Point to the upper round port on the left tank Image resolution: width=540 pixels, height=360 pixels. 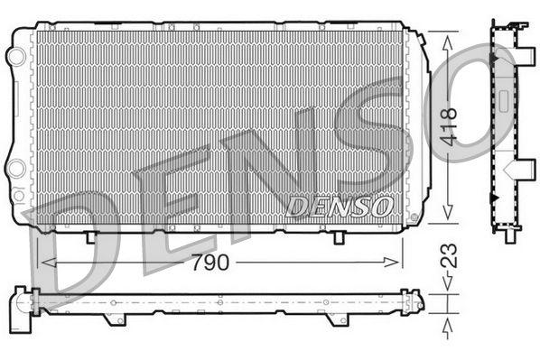point(15,56)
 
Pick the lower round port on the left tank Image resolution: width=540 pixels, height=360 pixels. point(15,168)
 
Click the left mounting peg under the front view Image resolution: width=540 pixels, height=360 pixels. point(91,236)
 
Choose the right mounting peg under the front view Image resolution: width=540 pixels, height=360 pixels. point(338,237)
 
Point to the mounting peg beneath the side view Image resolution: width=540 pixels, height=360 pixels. point(502,236)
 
